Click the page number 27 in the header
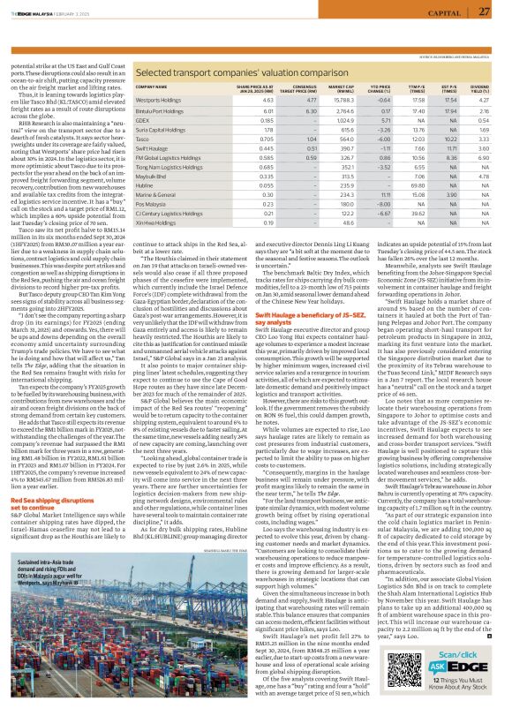[496, 11]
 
